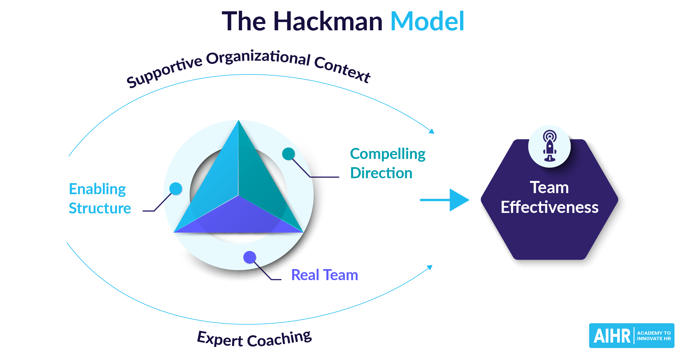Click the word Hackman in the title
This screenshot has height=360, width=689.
(x=328, y=21)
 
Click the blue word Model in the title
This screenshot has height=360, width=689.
(x=427, y=21)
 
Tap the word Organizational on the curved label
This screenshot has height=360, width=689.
(x=258, y=58)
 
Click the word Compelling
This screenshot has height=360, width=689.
(x=388, y=154)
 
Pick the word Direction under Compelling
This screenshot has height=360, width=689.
(x=381, y=173)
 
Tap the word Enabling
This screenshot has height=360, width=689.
(x=97, y=189)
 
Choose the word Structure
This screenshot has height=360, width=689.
(x=100, y=208)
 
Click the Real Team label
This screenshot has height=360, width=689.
(x=325, y=275)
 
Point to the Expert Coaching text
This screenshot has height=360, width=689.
(x=254, y=339)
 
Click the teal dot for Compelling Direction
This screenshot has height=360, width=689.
(x=288, y=154)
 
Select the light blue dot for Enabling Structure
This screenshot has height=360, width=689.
(x=176, y=189)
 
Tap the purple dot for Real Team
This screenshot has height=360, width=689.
(x=250, y=257)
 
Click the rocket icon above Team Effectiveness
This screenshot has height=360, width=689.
(x=550, y=146)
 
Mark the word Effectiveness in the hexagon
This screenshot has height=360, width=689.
(x=550, y=207)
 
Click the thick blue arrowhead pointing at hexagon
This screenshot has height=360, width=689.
(x=459, y=200)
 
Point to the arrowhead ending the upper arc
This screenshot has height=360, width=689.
(x=432, y=131)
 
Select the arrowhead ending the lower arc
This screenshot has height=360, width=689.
(x=430, y=267)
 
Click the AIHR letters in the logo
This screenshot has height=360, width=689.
(x=612, y=336)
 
